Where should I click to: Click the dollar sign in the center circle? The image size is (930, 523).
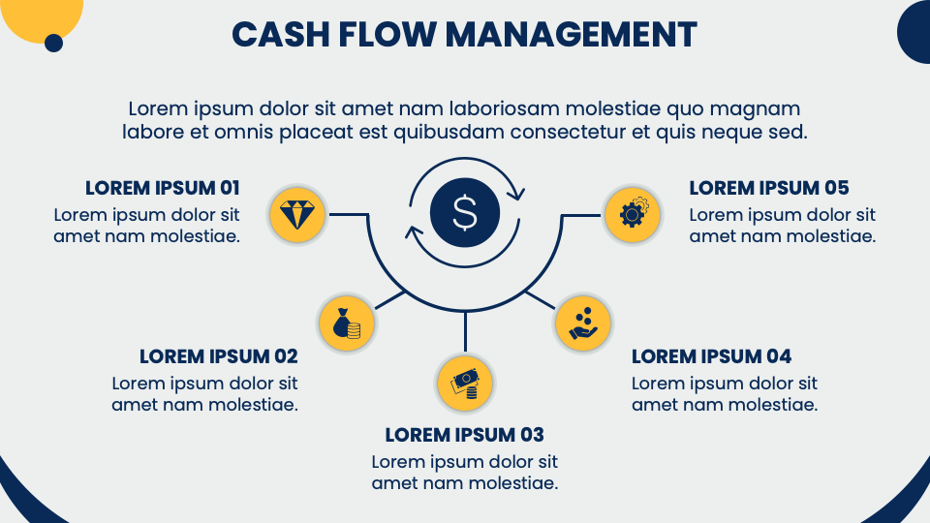pyautogui.click(x=464, y=212)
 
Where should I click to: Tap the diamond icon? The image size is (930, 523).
pyautogui.click(x=297, y=215)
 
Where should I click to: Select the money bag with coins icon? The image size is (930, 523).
pyautogui.click(x=347, y=323)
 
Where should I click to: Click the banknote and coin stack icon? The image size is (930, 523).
pyautogui.click(x=465, y=385)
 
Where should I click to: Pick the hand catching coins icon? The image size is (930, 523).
pyautogui.click(x=583, y=323)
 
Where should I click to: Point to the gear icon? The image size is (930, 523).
pyautogui.click(x=633, y=213)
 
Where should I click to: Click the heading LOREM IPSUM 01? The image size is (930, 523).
pyautogui.click(x=163, y=188)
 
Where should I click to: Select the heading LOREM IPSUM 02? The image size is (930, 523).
pyautogui.click(x=219, y=356)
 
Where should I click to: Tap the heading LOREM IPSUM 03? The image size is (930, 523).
pyautogui.click(x=464, y=435)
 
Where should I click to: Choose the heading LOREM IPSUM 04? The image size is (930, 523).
pyautogui.click(x=711, y=356)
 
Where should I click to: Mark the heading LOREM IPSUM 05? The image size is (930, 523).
pyautogui.click(x=768, y=188)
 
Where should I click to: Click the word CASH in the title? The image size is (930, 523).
pyautogui.click(x=281, y=35)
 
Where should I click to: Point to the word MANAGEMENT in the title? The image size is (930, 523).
pyautogui.click(x=571, y=35)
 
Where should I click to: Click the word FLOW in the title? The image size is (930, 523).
pyautogui.click(x=387, y=35)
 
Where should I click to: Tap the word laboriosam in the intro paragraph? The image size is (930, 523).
pyautogui.click(x=504, y=109)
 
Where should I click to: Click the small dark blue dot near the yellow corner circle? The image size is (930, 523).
pyautogui.click(x=53, y=43)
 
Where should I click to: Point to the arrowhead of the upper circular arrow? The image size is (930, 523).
pyautogui.click(x=516, y=192)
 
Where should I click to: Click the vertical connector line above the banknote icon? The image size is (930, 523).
pyautogui.click(x=465, y=331)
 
